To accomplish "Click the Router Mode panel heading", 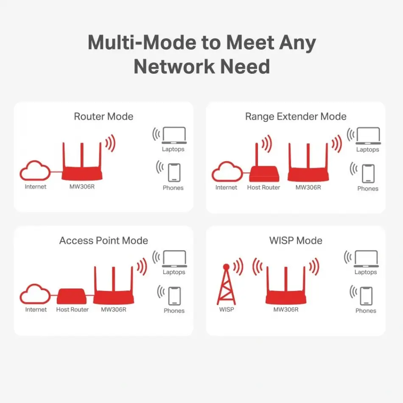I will pos(104,116).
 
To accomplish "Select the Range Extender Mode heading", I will pos(296,116).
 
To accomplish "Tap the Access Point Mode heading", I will pos(104,241).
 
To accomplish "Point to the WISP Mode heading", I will pos(296,241).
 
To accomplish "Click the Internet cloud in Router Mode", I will pos(35,171).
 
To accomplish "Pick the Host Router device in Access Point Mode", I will pos(72,296).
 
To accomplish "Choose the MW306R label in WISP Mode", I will pos(286,310).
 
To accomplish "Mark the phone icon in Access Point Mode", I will pos(174,296).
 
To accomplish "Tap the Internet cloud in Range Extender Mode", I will pos(226,172).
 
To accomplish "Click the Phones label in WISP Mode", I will pos(366,311).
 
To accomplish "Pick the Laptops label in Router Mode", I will pos(173,149).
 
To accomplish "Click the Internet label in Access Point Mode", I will pos(36,310).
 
